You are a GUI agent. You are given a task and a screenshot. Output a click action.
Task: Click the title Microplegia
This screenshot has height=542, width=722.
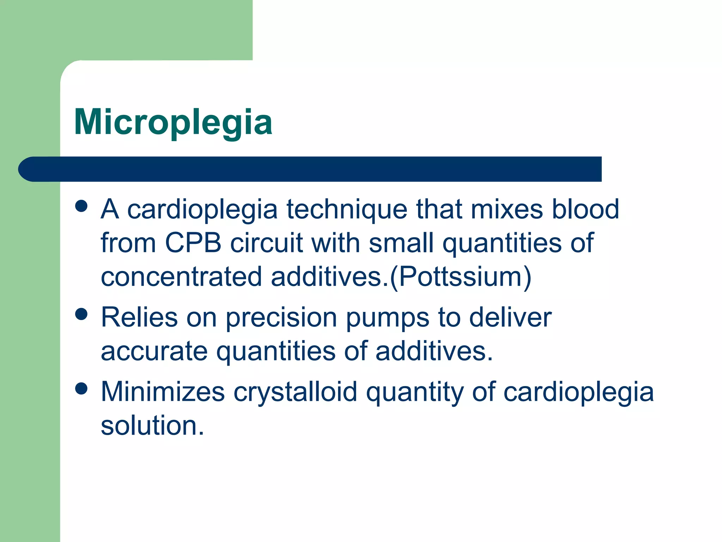pyautogui.click(x=173, y=122)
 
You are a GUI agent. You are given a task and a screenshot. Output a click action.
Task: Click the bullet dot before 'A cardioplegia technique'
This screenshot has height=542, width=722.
pyautogui.click(x=81, y=206)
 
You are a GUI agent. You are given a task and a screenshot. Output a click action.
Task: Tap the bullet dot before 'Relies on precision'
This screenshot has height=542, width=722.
pyautogui.click(x=81, y=314)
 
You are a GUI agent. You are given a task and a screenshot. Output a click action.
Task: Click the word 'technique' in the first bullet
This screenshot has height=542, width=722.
pyautogui.click(x=347, y=210)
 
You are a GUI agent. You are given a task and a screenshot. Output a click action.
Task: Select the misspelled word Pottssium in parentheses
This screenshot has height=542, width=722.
pyautogui.click(x=460, y=277)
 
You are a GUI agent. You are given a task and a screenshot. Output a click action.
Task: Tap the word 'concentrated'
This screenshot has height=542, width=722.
pyautogui.click(x=181, y=277)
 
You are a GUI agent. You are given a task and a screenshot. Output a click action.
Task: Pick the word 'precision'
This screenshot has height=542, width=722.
pyautogui.click(x=281, y=318)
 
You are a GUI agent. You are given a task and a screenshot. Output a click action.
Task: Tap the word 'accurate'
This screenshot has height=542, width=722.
pyautogui.click(x=154, y=351)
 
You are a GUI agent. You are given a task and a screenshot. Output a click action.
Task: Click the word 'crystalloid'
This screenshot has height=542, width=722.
pyautogui.click(x=295, y=393)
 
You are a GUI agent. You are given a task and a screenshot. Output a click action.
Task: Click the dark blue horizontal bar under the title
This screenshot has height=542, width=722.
pyautogui.click(x=310, y=169)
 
